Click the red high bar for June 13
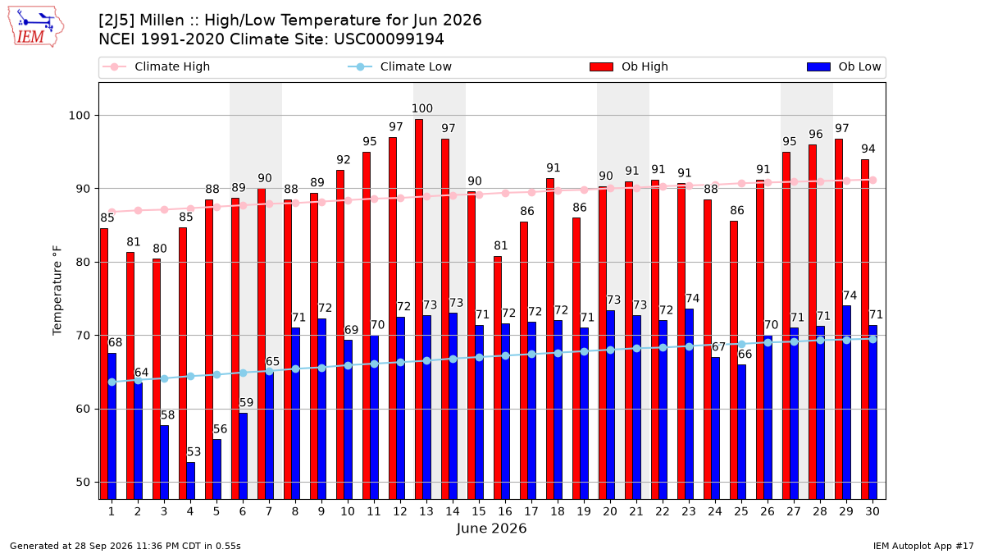pos(419,309)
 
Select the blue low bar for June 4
pos(190,481)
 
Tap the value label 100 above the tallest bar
pos(422,108)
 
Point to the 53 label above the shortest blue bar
pos(194,451)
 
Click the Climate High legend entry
pos(156,66)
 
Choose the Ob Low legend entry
pos(844,66)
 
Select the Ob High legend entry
pos(629,66)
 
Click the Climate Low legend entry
pos(400,66)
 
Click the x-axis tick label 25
pos(741,511)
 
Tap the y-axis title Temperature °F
pos(57,291)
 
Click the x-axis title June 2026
pos(491,528)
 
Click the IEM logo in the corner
pos(36,27)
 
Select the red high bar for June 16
pos(498,378)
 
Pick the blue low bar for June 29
pos(846,402)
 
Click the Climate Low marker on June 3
pos(164,378)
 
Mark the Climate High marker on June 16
pos(506,194)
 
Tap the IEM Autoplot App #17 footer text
pos(923,546)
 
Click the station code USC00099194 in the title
pos(389,39)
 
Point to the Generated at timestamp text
pos(125,546)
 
